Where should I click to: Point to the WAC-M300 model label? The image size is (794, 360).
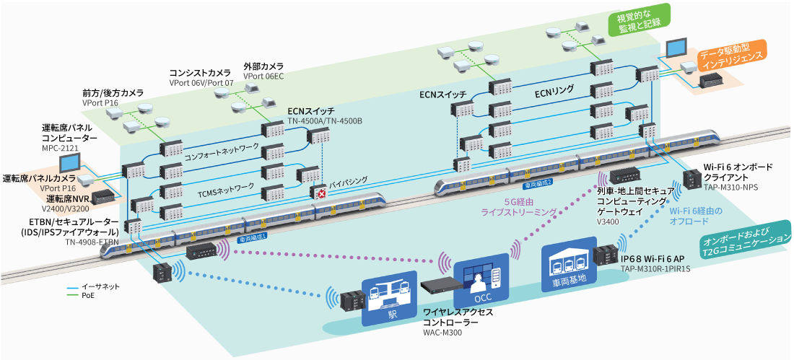click(x=442, y=333)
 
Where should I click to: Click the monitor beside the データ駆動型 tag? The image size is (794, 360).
click(x=677, y=48)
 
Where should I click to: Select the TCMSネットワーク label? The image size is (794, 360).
click(x=226, y=186)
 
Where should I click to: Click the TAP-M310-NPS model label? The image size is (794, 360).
click(x=730, y=186)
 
